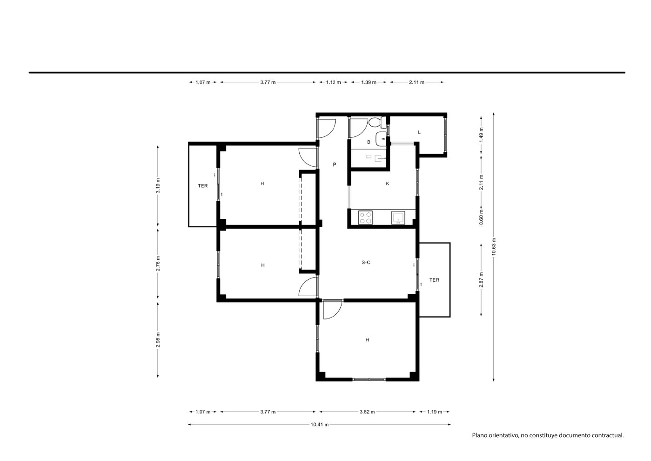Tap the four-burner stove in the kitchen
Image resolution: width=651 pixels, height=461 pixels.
tap(365, 217)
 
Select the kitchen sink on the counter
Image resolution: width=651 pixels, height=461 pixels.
tap(398, 218)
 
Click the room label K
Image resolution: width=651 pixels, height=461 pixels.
tap(388, 183)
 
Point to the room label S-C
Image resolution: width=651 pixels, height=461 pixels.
tap(366, 262)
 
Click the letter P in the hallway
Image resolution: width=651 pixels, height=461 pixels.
tap(335, 165)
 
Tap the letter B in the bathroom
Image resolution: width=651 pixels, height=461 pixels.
tap(369, 142)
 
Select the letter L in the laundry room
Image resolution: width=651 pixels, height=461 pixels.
tap(419, 132)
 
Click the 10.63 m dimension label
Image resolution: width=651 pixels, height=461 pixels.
tap(494, 247)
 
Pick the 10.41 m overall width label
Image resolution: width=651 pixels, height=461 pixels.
tap(320, 424)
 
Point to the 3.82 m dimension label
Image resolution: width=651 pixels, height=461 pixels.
tap(367, 412)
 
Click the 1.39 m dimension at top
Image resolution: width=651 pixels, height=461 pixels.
tap(369, 82)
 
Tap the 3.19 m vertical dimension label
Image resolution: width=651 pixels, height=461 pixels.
tap(158, 185)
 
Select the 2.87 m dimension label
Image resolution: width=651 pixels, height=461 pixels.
tap(481, 280)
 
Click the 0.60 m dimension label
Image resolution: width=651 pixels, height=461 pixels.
tap(481, 217)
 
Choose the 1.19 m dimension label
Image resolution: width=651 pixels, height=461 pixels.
tap(435, 412)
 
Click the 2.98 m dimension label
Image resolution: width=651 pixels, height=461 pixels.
tap(158, 340)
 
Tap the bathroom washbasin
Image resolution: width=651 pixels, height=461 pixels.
tap(381, 139)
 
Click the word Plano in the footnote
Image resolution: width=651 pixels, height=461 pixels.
tap(480, 444)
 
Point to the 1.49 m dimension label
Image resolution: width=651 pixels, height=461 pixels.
tap(481, 135)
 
